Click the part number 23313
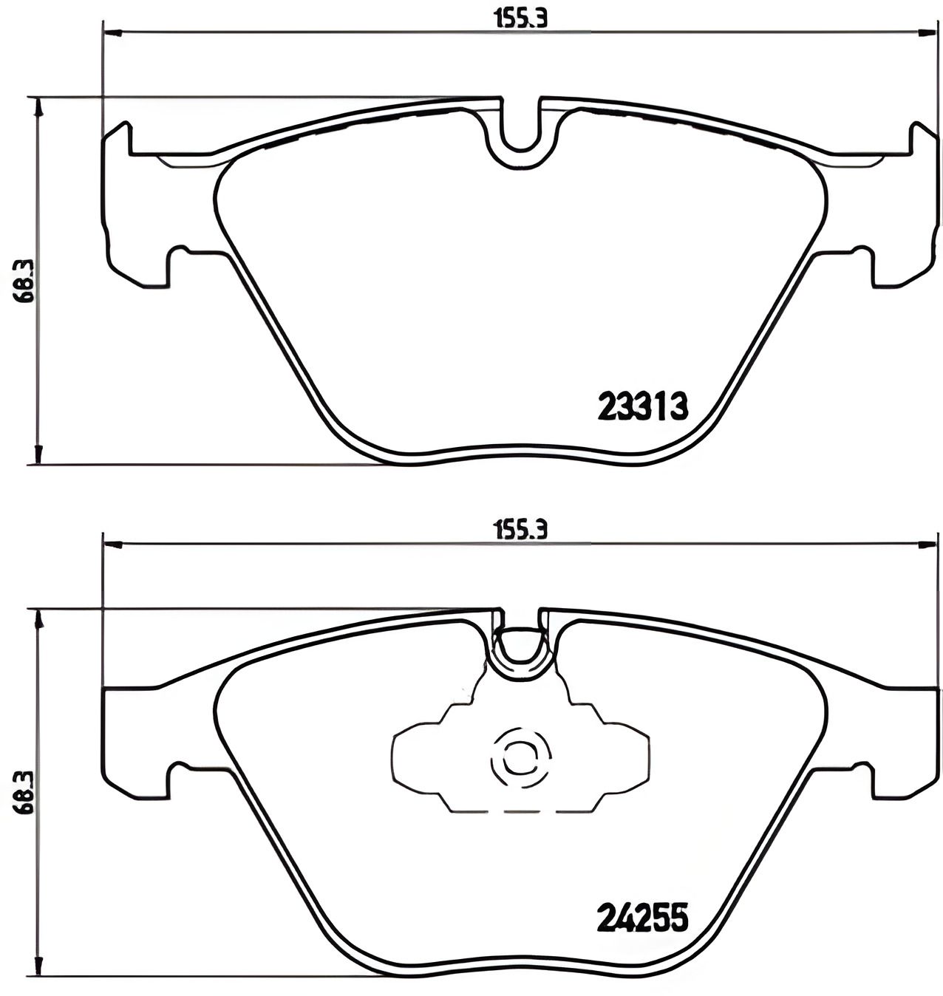(x=642, y=406)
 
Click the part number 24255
(x=642, y=918)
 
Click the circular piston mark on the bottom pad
(x=520, y=757)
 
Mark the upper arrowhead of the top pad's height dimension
(x=40, y=106)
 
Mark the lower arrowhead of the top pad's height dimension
(x=40, y=455)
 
